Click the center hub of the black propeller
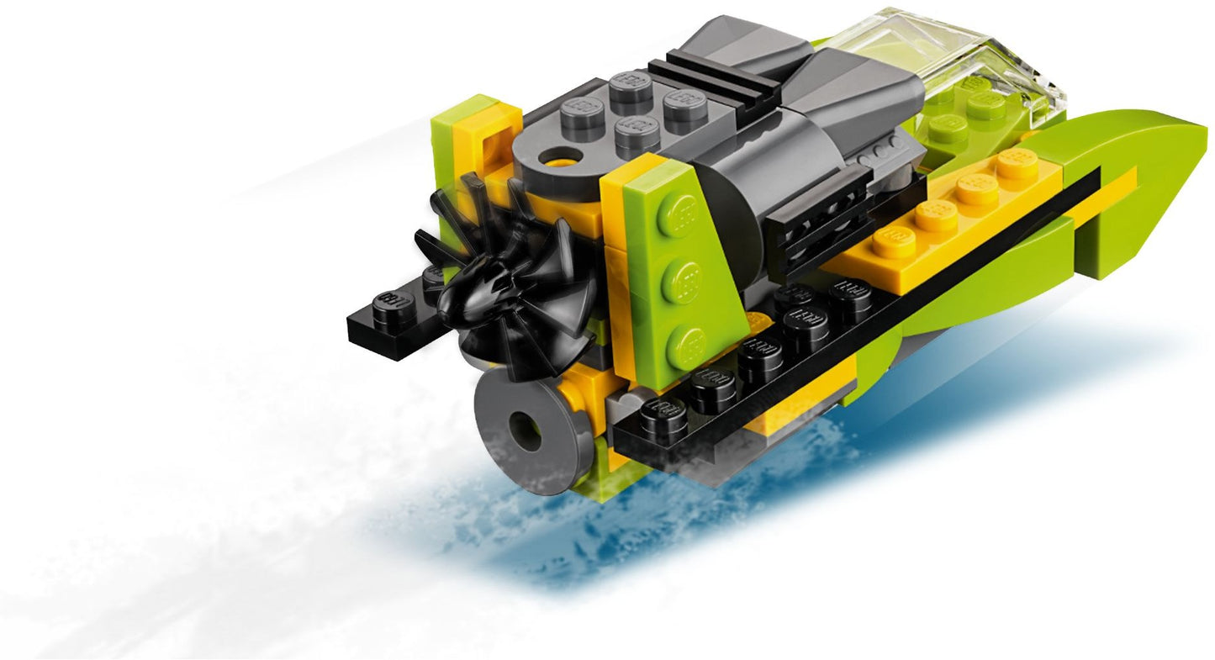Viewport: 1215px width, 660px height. tap(482, 290)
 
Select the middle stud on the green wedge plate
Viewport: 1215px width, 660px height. tap(684, 279)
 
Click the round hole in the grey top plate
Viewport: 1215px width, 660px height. tap(556, 157)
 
